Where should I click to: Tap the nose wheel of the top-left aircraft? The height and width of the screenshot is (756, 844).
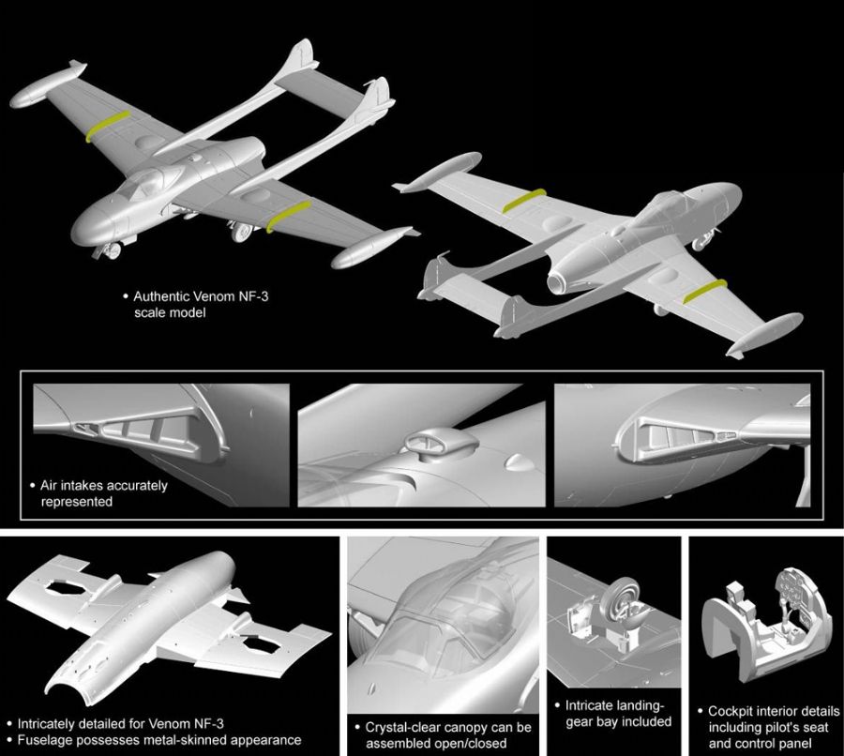113,251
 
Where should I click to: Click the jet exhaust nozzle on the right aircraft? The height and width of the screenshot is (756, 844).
558,281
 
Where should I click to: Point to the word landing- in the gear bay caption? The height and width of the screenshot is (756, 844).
640,705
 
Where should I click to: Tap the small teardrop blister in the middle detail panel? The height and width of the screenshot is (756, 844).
516,461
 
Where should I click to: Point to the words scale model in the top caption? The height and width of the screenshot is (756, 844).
170,312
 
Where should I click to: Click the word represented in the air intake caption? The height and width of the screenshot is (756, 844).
77,502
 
